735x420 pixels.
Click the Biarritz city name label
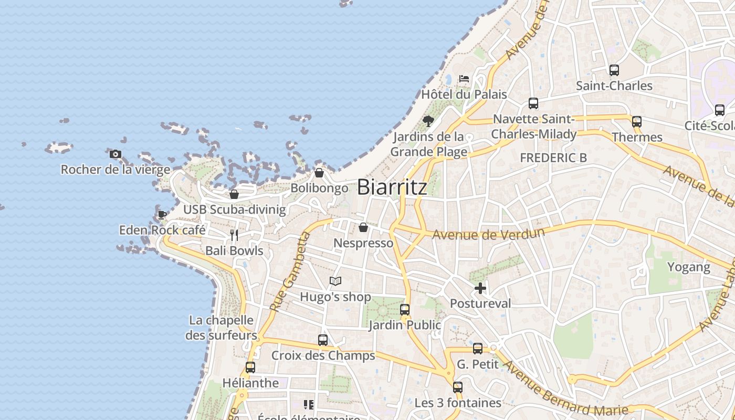(x=392, y=187)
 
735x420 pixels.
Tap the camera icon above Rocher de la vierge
(x=115, y=154)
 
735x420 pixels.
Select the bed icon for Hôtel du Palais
(x=464, y=79)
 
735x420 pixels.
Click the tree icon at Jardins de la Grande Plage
(x=428, y=121)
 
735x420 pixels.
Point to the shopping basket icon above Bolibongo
(x=319, y=173)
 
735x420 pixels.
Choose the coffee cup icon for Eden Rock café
(x=162, y=215)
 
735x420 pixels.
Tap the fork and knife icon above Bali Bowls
(x=234, y=235)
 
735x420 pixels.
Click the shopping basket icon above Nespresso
(x=363, y=227)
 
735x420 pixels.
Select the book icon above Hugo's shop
(x=335, y=281)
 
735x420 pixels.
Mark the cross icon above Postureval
(x=480, y=288)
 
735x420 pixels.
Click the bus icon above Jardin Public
(x=405, y=310)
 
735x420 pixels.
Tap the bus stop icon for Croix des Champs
(x=323, y=340)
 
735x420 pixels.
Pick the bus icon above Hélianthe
(x=250, y=367)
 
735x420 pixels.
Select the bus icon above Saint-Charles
(x=614, y=70)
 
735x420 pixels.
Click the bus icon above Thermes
(x=637, y=122)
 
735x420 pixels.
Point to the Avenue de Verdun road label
(x=488, y=233)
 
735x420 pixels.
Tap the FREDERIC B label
(x=553, y=157)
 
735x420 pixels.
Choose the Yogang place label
(x=688, y=267)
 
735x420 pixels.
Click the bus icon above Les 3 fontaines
(x=458, y=387)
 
